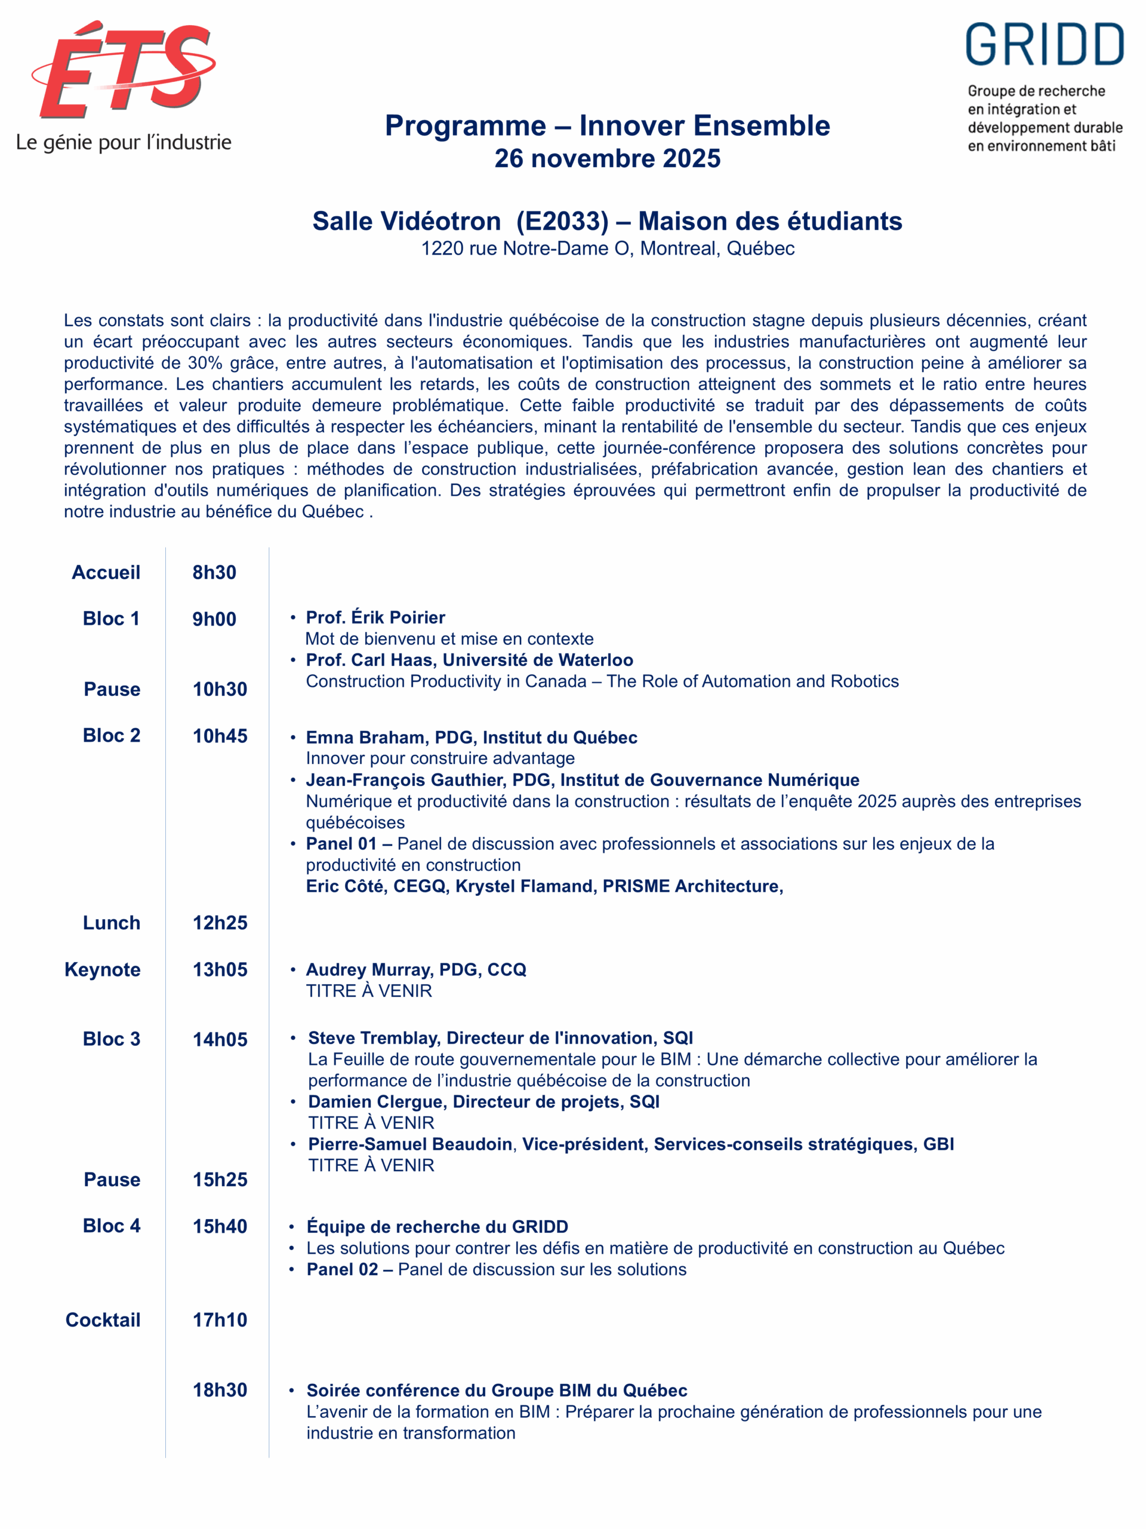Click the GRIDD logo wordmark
(1044, 45)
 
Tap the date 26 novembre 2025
(607, 158)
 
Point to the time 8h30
(214, 572)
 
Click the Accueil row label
(106, 572)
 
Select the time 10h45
(220, 735)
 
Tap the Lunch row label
(111, 923)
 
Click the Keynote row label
(102, 969)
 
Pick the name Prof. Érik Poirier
(375, 617)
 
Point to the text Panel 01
(341, 843)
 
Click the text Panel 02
(342, 1269)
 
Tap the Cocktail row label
(103, 1319)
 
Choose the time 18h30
(220, 1390)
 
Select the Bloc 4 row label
(111, 1226)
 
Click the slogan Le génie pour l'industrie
(124, 143)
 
